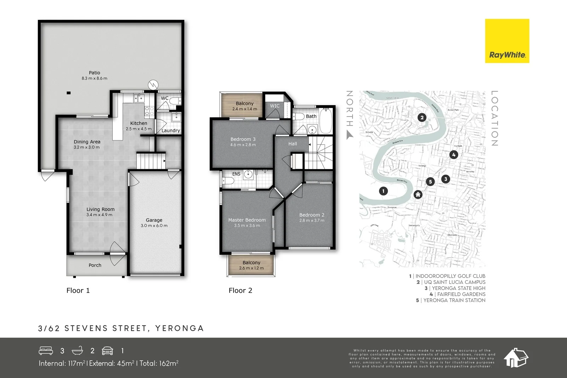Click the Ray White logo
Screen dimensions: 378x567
[507, 41]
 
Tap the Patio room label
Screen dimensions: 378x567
[94, 73]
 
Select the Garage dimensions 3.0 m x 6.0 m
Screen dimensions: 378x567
[154, 226]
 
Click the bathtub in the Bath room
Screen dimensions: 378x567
[326, 121]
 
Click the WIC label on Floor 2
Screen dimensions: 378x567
[275, 106]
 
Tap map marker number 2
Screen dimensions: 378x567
[421, 118]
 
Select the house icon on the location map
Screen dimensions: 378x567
[418, 194]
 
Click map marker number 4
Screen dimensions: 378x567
[453, 155]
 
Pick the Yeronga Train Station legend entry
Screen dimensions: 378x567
[451, 300]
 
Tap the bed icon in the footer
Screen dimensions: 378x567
[46, 351]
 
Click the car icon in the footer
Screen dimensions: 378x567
[107, 351]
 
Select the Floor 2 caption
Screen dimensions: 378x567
[240, 290]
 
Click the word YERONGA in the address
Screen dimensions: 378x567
[179, 328]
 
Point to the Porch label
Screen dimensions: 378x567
[95, 265]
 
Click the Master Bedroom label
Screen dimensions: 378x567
[247, 220]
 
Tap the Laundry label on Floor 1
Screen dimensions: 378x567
[170, 130]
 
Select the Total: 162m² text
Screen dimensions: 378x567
[159, 363]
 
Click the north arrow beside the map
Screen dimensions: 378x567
[350, 135]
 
